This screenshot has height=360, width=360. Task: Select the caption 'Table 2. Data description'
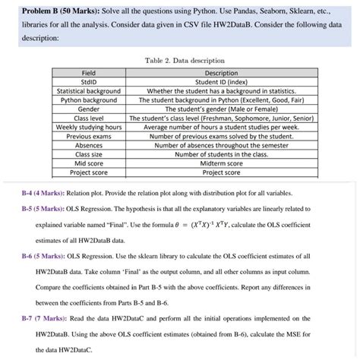pyautogui.click(x=179, y=59)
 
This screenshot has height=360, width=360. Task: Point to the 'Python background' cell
pyautogui.click(x=90, y=100)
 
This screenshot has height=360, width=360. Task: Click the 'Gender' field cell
pyautogui.click(x=90, y=109)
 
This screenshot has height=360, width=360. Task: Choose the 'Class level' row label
pyautogui.click(x=90, y=118)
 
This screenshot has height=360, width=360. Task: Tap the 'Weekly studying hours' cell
pyautogui.click(x=90, y=127)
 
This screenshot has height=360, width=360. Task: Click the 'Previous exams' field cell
pyautogui.click(x=90, y=136)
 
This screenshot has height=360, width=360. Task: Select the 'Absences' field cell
pyautogui.click(x=90, y=145)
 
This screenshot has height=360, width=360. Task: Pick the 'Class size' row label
pyautogui.click(x=90, y=153)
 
